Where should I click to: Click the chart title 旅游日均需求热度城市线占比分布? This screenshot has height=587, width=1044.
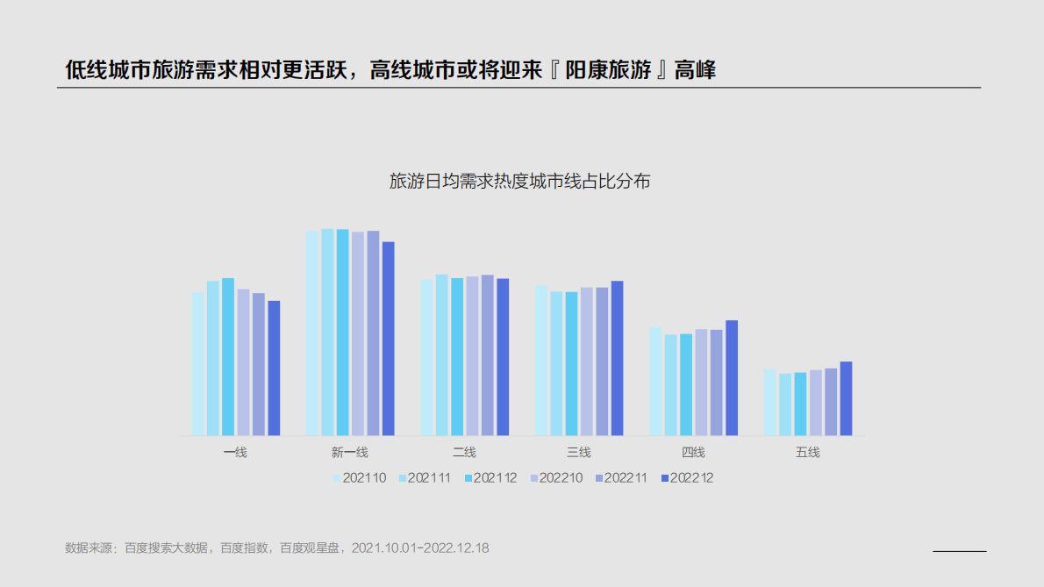(519, 183)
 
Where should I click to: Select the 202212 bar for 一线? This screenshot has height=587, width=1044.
(274, 369)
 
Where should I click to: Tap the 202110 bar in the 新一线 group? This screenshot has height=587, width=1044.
(312, 333)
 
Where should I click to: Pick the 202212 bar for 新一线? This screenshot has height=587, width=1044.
(389, 339)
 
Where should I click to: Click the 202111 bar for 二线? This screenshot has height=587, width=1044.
(441, 355)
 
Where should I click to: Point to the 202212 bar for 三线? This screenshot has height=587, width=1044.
(618, 358)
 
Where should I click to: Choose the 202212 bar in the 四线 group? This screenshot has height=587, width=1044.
(732, 378)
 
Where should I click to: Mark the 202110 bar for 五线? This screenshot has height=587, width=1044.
(769, 403)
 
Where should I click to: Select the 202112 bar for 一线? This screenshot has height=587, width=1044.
(228, 357)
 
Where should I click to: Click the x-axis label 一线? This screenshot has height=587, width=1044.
(235, 453)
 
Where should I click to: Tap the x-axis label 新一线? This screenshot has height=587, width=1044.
(349, 453)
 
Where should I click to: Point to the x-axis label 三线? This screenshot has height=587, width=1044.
(579, 453)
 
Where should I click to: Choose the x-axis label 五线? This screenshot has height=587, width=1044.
(807, 453)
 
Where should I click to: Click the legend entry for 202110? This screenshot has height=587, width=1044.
(359, 478)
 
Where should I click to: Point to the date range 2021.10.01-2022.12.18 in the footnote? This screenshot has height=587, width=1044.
(420, 548)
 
